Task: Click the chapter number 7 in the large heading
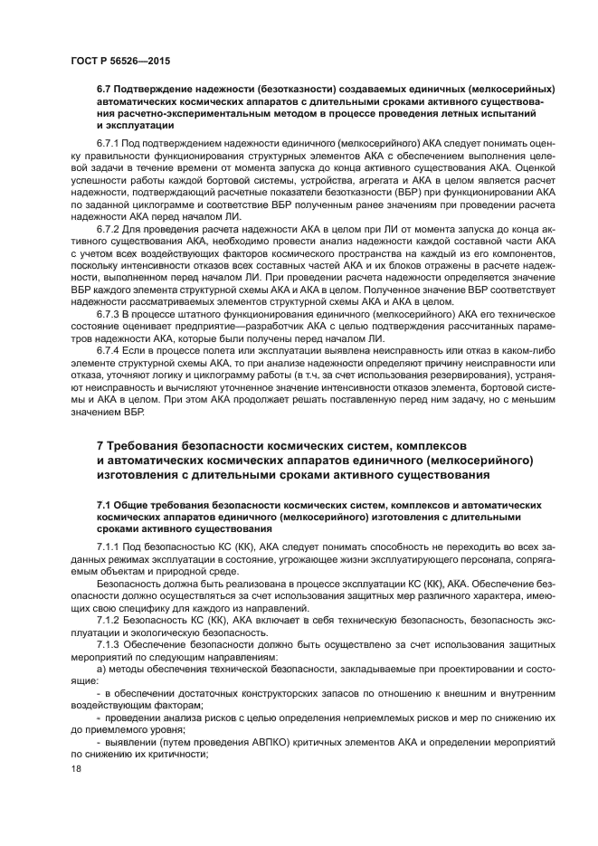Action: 100,446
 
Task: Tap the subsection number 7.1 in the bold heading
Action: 106,503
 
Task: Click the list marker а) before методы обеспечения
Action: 101,669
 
